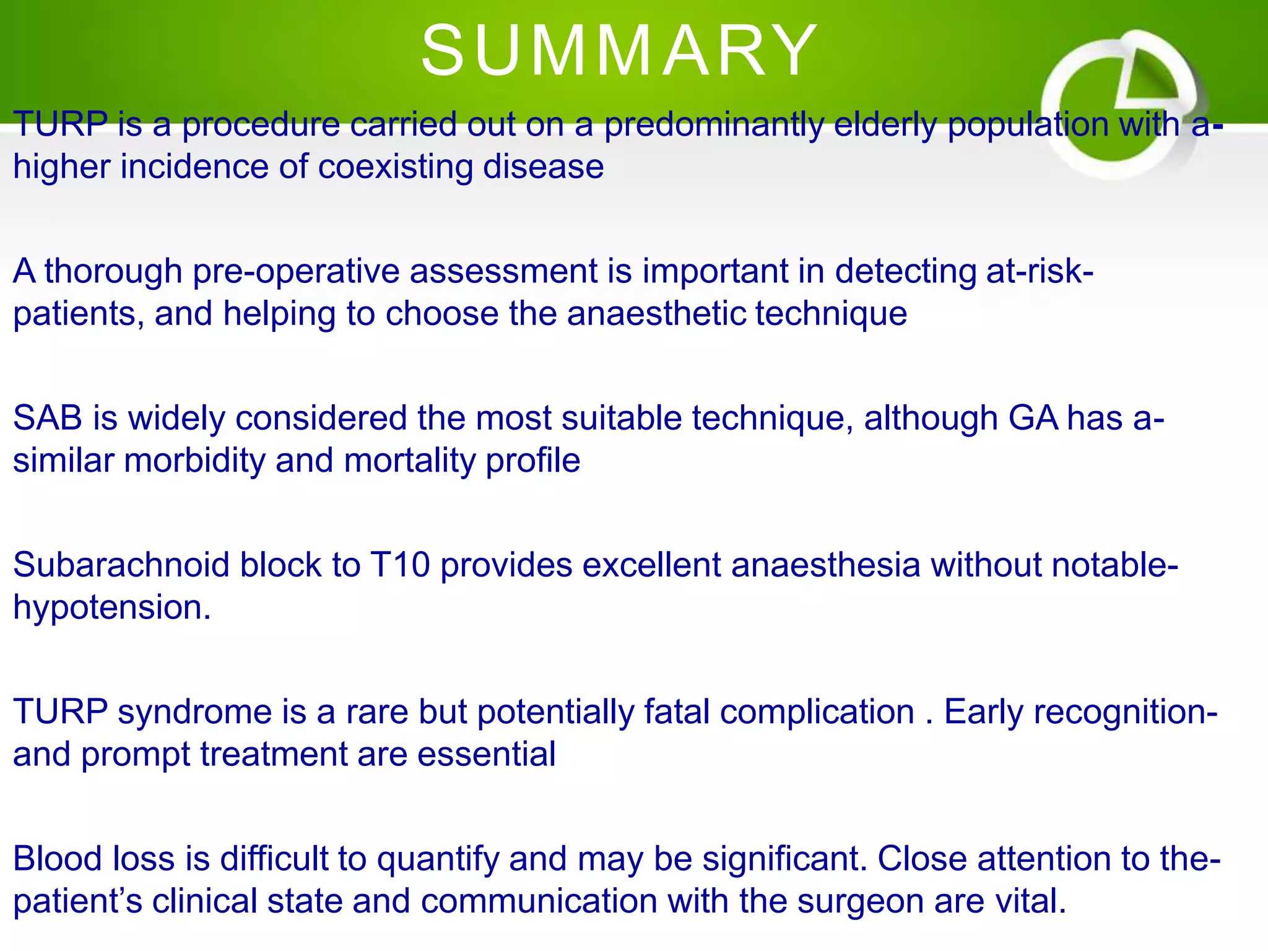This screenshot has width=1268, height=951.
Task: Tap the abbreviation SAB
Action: (x=47, y=418)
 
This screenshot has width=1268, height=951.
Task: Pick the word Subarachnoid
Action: (x=121, y=565)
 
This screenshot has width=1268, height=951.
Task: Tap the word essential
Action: (x=486, y=755)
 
